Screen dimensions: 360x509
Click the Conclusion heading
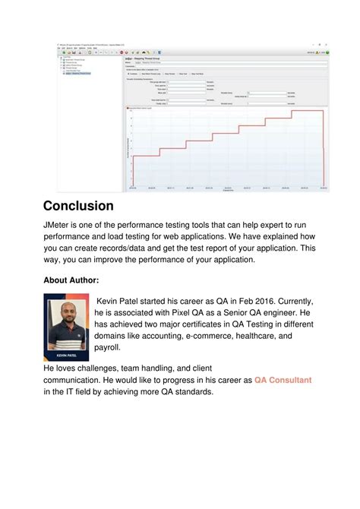pyautogui.click(x=78, y=206)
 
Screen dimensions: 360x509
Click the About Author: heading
pyautogui.click(x=71, y=280)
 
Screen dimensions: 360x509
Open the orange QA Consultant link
pyautogui.click(x=283, y=380)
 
